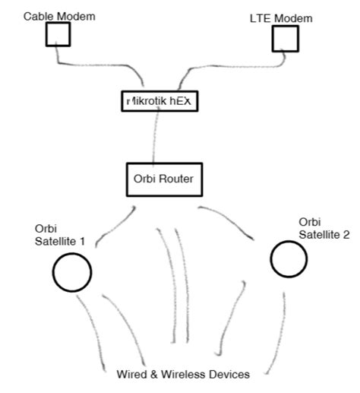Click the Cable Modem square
tap(58, 34)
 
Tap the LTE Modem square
tap(286, 39)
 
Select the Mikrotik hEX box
tap(159, 101)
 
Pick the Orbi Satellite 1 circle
tap(72, 271)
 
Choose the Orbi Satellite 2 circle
tap(289, 259)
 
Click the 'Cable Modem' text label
tap(59, 15)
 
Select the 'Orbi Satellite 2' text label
tap(324, 227)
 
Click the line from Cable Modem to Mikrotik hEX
tap(99, 68)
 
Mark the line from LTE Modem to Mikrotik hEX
tap(220, 68)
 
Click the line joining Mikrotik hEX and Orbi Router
tap(157, 137)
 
